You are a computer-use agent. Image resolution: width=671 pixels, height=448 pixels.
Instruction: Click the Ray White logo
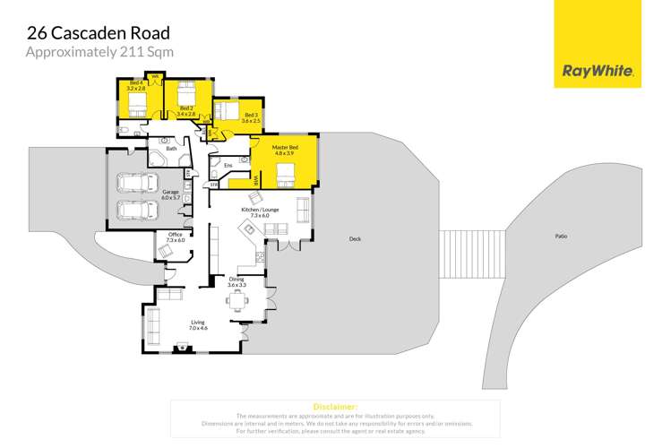598,70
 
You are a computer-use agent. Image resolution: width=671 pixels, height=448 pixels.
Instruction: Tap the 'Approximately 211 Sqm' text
99,52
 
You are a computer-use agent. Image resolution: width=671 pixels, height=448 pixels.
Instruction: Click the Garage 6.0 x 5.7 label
170,194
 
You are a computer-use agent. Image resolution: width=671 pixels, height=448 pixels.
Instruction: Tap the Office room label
176,237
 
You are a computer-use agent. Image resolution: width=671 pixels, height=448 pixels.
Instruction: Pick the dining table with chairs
238,302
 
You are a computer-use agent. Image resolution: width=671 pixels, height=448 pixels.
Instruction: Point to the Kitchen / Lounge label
259,212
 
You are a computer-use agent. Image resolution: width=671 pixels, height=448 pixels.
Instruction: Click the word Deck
355,239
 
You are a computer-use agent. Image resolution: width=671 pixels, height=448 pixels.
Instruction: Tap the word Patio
561,236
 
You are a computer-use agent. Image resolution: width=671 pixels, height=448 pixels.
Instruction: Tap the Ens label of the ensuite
228,166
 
